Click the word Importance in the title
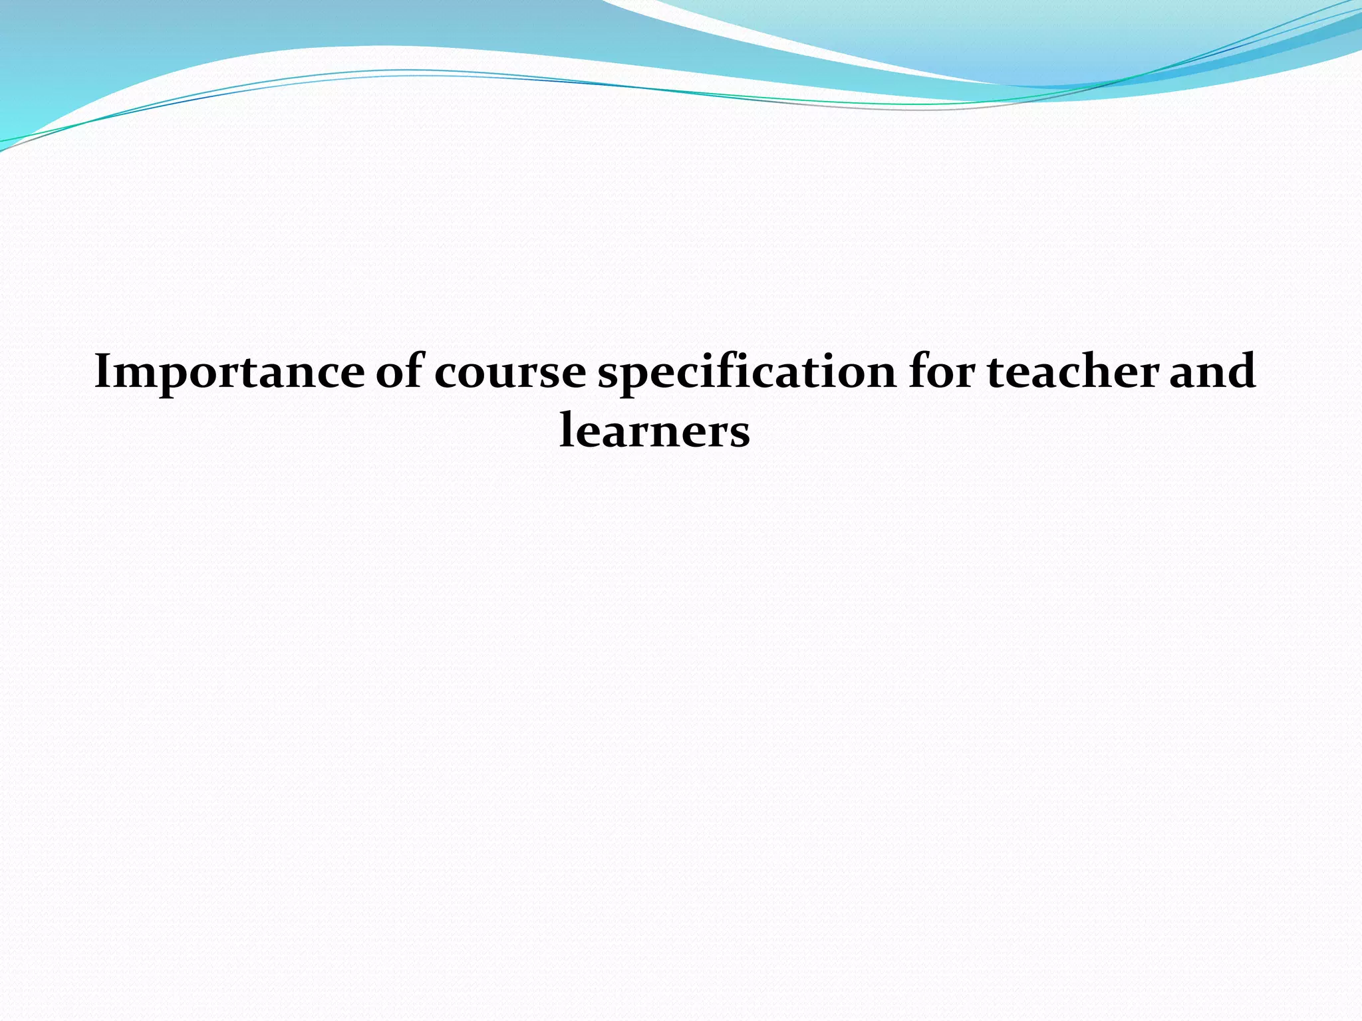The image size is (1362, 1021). [229, 372]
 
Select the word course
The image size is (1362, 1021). [509, 372]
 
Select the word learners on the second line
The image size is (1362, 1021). [654, 431]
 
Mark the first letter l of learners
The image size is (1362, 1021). [567, 429]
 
